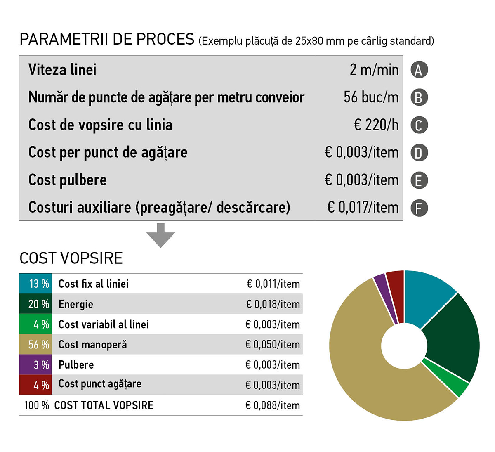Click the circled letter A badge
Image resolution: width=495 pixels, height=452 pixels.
(x=419, y=70)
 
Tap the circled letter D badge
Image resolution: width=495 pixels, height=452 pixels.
(x=419, y=153)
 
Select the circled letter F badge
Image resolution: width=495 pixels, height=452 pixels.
(x=419, y=208)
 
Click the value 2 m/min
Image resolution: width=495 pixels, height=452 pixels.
(x=374, y=70)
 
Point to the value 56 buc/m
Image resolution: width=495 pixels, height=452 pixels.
(x=371, y=97)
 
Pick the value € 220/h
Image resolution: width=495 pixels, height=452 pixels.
(x=376, y=125)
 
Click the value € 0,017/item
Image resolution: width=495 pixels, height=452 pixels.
(x=363, y=208)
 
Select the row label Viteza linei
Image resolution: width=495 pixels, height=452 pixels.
(x=62, y=70)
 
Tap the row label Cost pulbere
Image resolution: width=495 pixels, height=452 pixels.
(x=68, y=180)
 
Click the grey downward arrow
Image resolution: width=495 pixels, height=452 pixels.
(x=161, y=235)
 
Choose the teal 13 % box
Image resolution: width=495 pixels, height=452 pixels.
(x=35, y=284)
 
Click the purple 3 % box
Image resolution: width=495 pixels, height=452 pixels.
(x=35, y=365)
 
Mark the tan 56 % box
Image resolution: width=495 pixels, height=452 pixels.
(x=35, y=345)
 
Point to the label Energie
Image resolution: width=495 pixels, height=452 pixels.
(x=76, y=305)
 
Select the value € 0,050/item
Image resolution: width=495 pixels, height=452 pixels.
(x=273, y=345)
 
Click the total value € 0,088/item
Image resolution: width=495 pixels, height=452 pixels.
(x=273, y=405)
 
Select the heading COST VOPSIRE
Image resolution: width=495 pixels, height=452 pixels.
(x=71, y=258)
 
